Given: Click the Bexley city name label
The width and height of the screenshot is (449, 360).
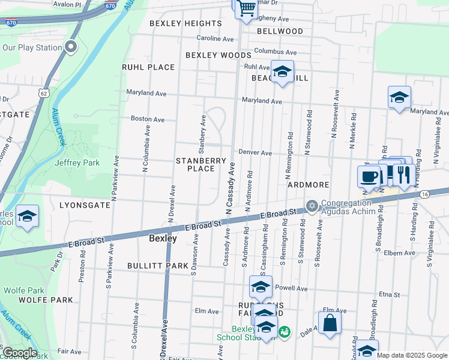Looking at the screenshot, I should pyautogui.click(x=163, y=238).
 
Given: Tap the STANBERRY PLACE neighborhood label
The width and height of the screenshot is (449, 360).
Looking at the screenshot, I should pyautogui.click(x=200, y=164).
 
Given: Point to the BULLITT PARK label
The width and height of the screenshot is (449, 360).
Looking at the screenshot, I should pyautogui.click(x=158, y=265).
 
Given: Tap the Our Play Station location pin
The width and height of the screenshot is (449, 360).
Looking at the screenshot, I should pyautogui.click(x=71, y=47).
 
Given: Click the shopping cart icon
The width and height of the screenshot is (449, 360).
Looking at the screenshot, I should pyautogui.click(x=246, y=9).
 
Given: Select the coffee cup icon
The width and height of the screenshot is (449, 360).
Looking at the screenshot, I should pyautogui.click(x=369, y=176).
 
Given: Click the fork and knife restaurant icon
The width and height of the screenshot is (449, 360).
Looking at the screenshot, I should pyautogui.click(x=403, y=175).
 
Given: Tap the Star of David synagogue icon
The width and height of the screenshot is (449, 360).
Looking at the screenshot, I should pyautogui.click(x=312, y=206).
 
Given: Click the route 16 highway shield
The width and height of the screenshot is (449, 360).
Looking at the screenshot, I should pyautogui.click(x=424, y=194).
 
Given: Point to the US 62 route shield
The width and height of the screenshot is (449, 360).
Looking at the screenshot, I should pyautogui.click(x=42, y=93).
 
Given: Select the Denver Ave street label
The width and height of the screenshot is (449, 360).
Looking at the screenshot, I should pyautogui.click(x=255, y=153).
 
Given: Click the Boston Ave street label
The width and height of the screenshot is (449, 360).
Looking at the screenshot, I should pyautogui.click(x=148, y=119).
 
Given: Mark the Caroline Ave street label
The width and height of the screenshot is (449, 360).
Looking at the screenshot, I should pyautogui.click(x=215, y=38).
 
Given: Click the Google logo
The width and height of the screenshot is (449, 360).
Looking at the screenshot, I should pyautogui.click(x=19, y=353).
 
